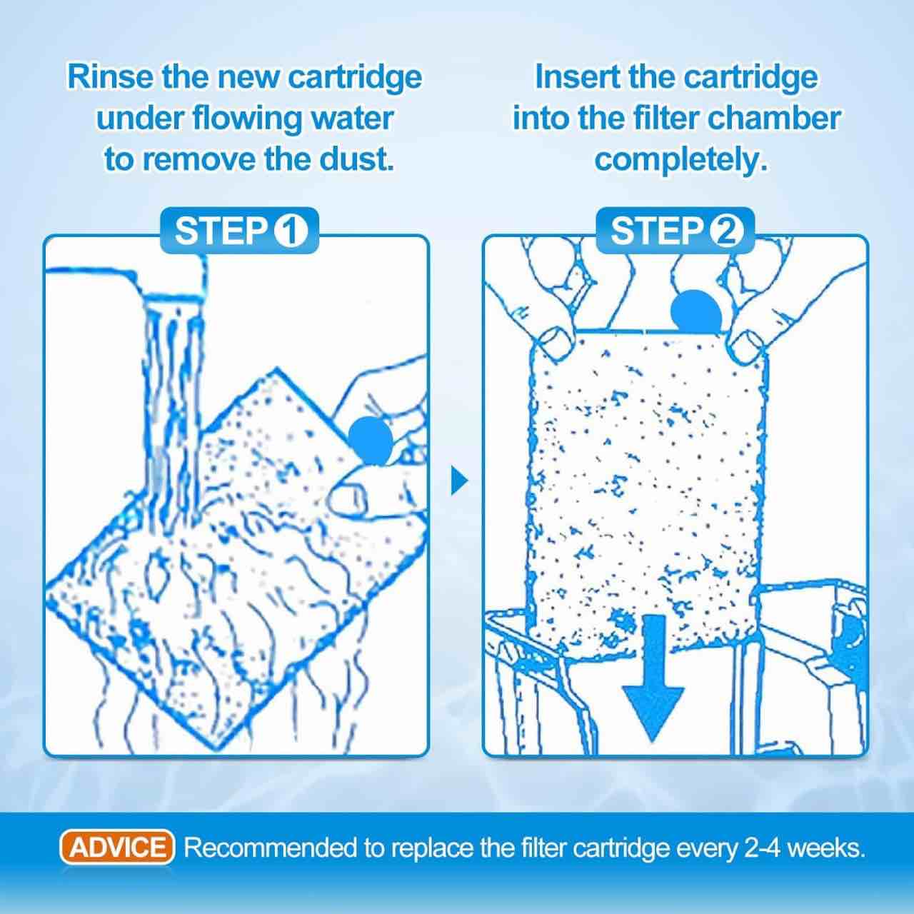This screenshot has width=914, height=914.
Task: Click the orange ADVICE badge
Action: (116, 847)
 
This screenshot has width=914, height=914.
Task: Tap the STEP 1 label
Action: (240, 231)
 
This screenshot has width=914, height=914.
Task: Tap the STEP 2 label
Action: (676, 231)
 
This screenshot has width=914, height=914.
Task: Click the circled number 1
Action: (291, 231)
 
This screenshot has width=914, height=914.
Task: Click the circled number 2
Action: (726, 231)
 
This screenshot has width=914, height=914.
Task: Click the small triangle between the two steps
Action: (458, 481)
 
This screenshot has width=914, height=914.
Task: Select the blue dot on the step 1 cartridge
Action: (371, 440)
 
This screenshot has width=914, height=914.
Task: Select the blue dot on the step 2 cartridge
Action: (695, 311)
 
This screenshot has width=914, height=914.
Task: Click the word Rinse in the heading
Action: (110, 77)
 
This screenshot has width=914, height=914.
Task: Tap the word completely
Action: (681, 161)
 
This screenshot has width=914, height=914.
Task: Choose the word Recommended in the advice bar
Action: (271, 848)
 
